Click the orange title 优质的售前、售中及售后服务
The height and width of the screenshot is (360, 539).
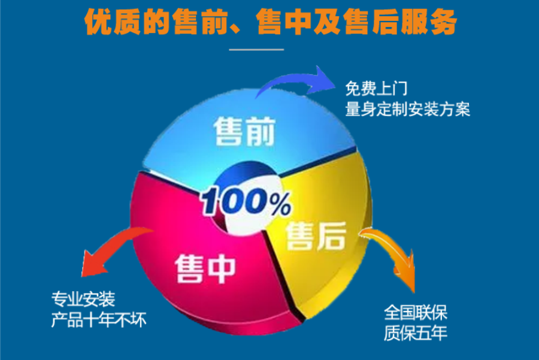(x=270, y=22)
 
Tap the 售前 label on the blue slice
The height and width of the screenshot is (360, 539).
(x=244, y=131)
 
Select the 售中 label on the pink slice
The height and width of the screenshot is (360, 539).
(x=205, y=269)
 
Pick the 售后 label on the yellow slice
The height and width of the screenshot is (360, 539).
(x=316, y=235)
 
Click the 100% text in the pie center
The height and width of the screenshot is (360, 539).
(x=246, y=202)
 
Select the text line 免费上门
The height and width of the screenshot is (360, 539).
(x=377, y=89)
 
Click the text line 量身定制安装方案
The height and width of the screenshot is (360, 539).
(x=408, y=110)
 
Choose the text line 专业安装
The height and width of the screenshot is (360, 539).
(x=83, y=299)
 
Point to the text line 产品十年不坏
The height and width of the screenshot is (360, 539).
(x=99, y=320)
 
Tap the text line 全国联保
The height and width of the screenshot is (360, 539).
(x=416, y=313)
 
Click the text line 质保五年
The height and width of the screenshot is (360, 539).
(x=416, y=333)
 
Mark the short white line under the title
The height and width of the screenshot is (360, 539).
(x=256, y=50)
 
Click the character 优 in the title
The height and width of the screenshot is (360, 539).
(x=98, y=22)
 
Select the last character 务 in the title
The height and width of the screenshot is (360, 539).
(x=443, y=22)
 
